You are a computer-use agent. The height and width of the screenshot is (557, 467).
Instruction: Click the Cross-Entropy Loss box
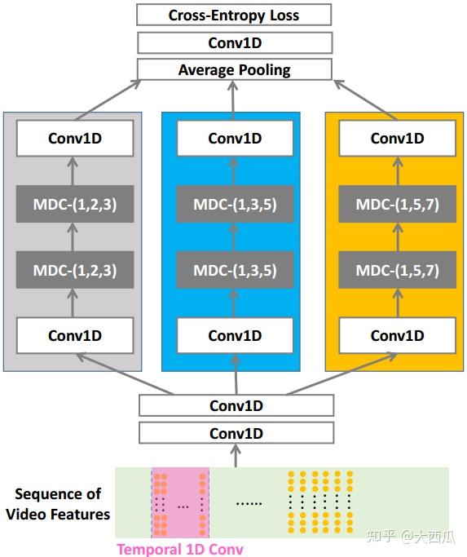pos(234,15)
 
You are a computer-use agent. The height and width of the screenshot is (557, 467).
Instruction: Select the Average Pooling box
pos(234,69)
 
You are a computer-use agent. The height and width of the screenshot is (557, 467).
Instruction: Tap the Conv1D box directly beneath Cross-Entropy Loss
pos(234,42)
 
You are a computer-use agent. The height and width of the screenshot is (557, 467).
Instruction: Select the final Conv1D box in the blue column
pos(235,138)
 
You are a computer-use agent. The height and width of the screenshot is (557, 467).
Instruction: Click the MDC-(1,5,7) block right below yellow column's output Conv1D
pos(398,205)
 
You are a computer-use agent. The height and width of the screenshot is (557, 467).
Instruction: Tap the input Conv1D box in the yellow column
pos(398,335)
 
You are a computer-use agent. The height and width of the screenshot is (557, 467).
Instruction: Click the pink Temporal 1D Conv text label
pos(180,549)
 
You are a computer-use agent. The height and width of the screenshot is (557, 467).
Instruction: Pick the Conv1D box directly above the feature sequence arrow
pos(236,432)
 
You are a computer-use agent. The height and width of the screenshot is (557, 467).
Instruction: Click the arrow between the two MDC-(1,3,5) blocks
pos(235,237)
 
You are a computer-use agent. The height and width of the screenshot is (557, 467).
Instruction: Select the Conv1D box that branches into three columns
pos(236,405)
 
